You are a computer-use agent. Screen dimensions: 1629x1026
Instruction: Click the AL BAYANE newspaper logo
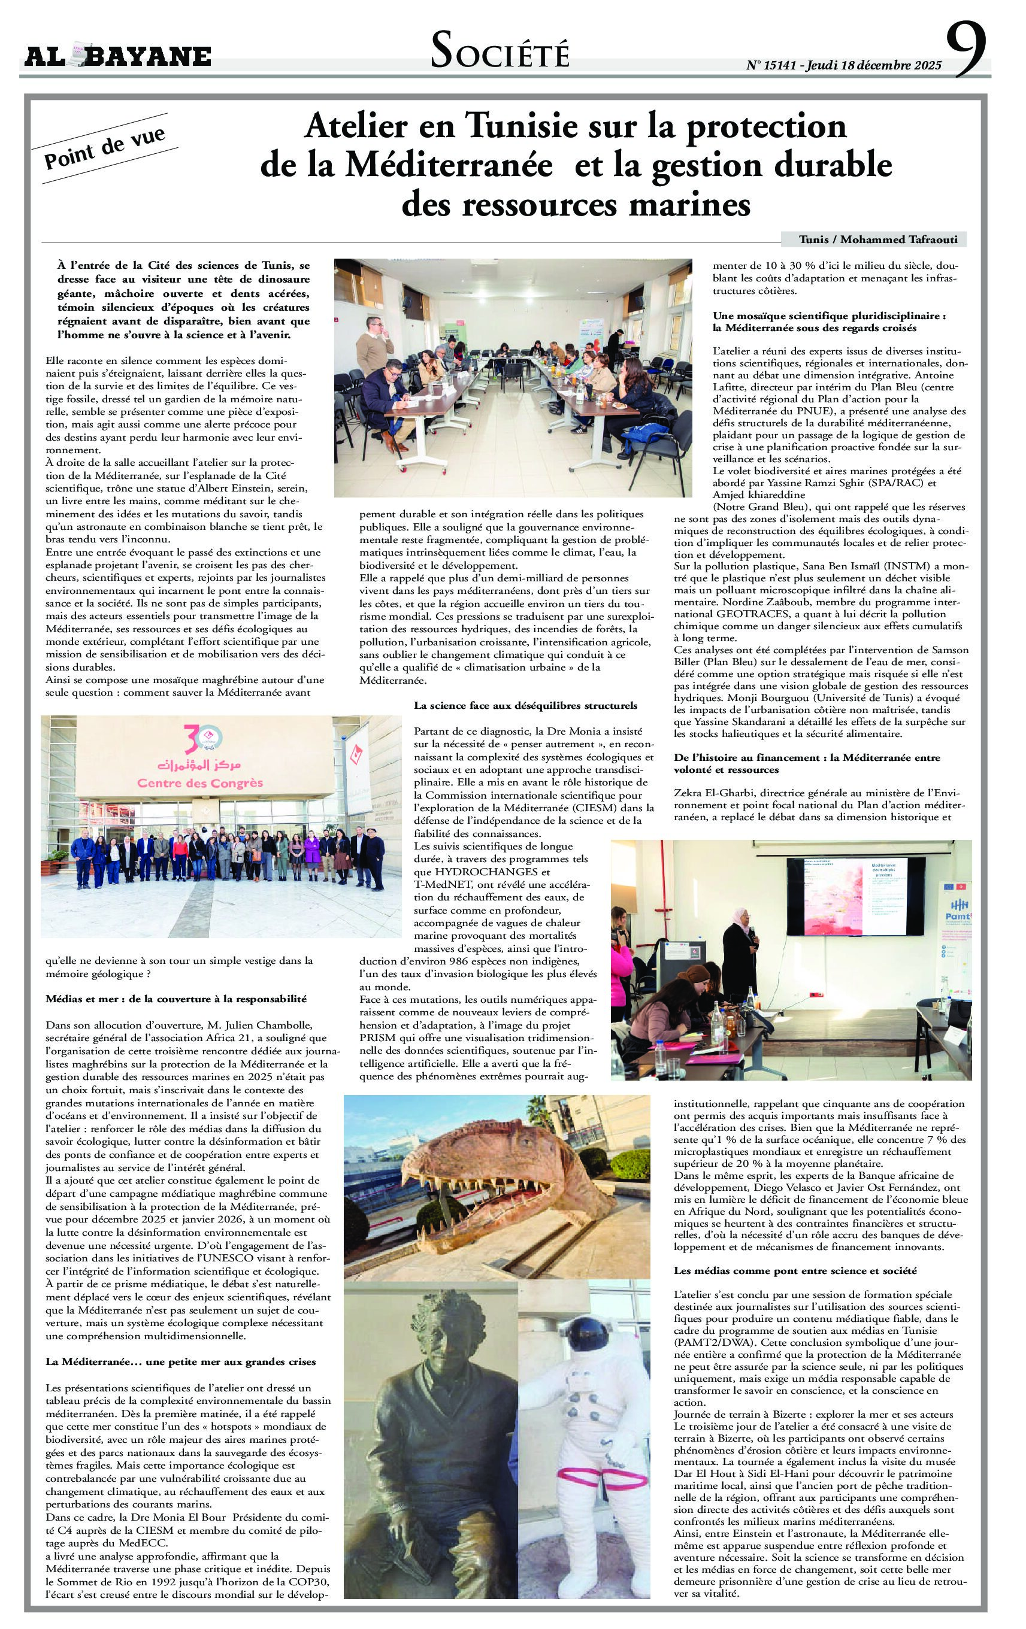click(x=118, y=56)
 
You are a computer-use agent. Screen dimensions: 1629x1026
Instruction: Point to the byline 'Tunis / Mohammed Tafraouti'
click(x=873, y=239)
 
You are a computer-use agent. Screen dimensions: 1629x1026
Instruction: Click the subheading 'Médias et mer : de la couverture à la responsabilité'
click(x=176, y=999)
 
